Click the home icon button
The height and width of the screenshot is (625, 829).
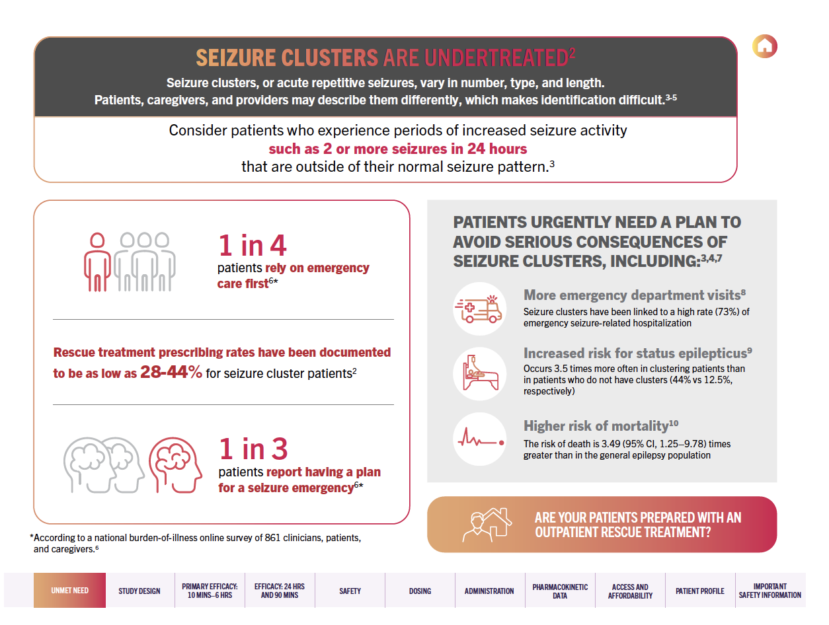[765, 46]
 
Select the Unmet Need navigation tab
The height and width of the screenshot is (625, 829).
[69, 591]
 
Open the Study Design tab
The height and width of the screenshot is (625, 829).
[139, 591]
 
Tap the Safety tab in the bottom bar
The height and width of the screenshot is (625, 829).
[350, 591]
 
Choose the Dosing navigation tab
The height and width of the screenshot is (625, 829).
[420, 591]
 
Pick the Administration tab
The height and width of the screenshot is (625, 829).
[489, 591]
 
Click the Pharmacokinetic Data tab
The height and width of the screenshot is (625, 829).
[560, 591]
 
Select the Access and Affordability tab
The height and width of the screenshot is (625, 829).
[630, 591]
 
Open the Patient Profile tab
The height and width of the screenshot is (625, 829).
[699, 591]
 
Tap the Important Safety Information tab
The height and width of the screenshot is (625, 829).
[770, 591]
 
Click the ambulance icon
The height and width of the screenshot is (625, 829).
[479, 309]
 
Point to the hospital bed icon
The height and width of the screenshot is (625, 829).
[479, 373]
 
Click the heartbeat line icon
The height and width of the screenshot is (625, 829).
[479, 439]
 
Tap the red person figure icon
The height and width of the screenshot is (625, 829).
[97, 262]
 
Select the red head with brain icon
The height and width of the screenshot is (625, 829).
[175, 464]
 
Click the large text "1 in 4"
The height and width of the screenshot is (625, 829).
[253, 246]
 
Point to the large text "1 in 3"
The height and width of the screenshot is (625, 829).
[253, 449]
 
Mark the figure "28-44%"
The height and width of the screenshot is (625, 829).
[171, 372]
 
